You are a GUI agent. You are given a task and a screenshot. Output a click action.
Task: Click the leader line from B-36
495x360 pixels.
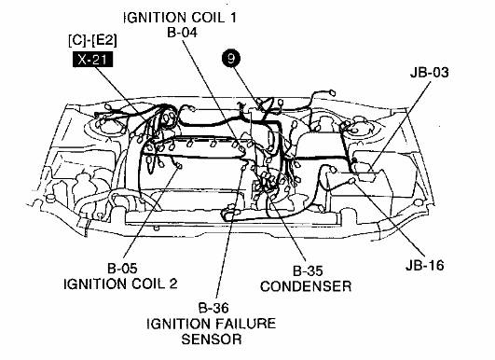(221, 261)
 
